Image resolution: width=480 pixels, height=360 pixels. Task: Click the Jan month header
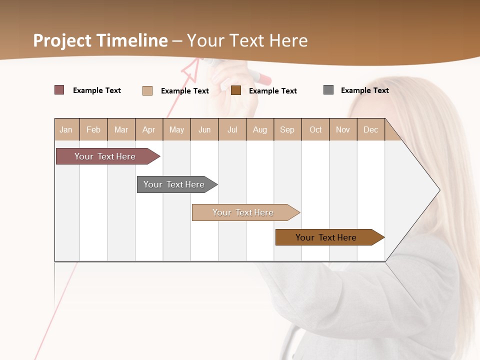(x=66, y=129)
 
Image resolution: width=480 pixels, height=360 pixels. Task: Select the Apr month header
(x=149, y=129)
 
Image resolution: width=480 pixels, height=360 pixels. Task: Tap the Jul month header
(x=232, y=129)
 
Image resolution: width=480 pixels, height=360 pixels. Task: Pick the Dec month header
(x=370, y=129)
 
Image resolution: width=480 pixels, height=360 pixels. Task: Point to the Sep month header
(x=287, y=129)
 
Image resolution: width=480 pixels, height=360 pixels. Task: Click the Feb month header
(x=93, y=129)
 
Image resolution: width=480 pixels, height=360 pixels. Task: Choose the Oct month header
(x=315, y=129)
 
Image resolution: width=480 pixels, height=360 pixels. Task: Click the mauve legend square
(x=59, y=90)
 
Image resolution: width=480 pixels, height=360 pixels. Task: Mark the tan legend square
(x=147, y=90)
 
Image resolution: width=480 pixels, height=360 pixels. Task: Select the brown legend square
(x=236, y=90)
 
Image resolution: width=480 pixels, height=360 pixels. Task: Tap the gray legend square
(x=328, y=90)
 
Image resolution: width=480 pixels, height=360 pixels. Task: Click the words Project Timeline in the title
(x=100, y=40)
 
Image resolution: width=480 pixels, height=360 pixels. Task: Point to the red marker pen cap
(x=262, y=78)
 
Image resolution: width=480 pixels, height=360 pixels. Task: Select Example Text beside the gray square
(x=364, y=90)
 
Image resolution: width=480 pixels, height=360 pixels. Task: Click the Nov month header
(x=343, y=129)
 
